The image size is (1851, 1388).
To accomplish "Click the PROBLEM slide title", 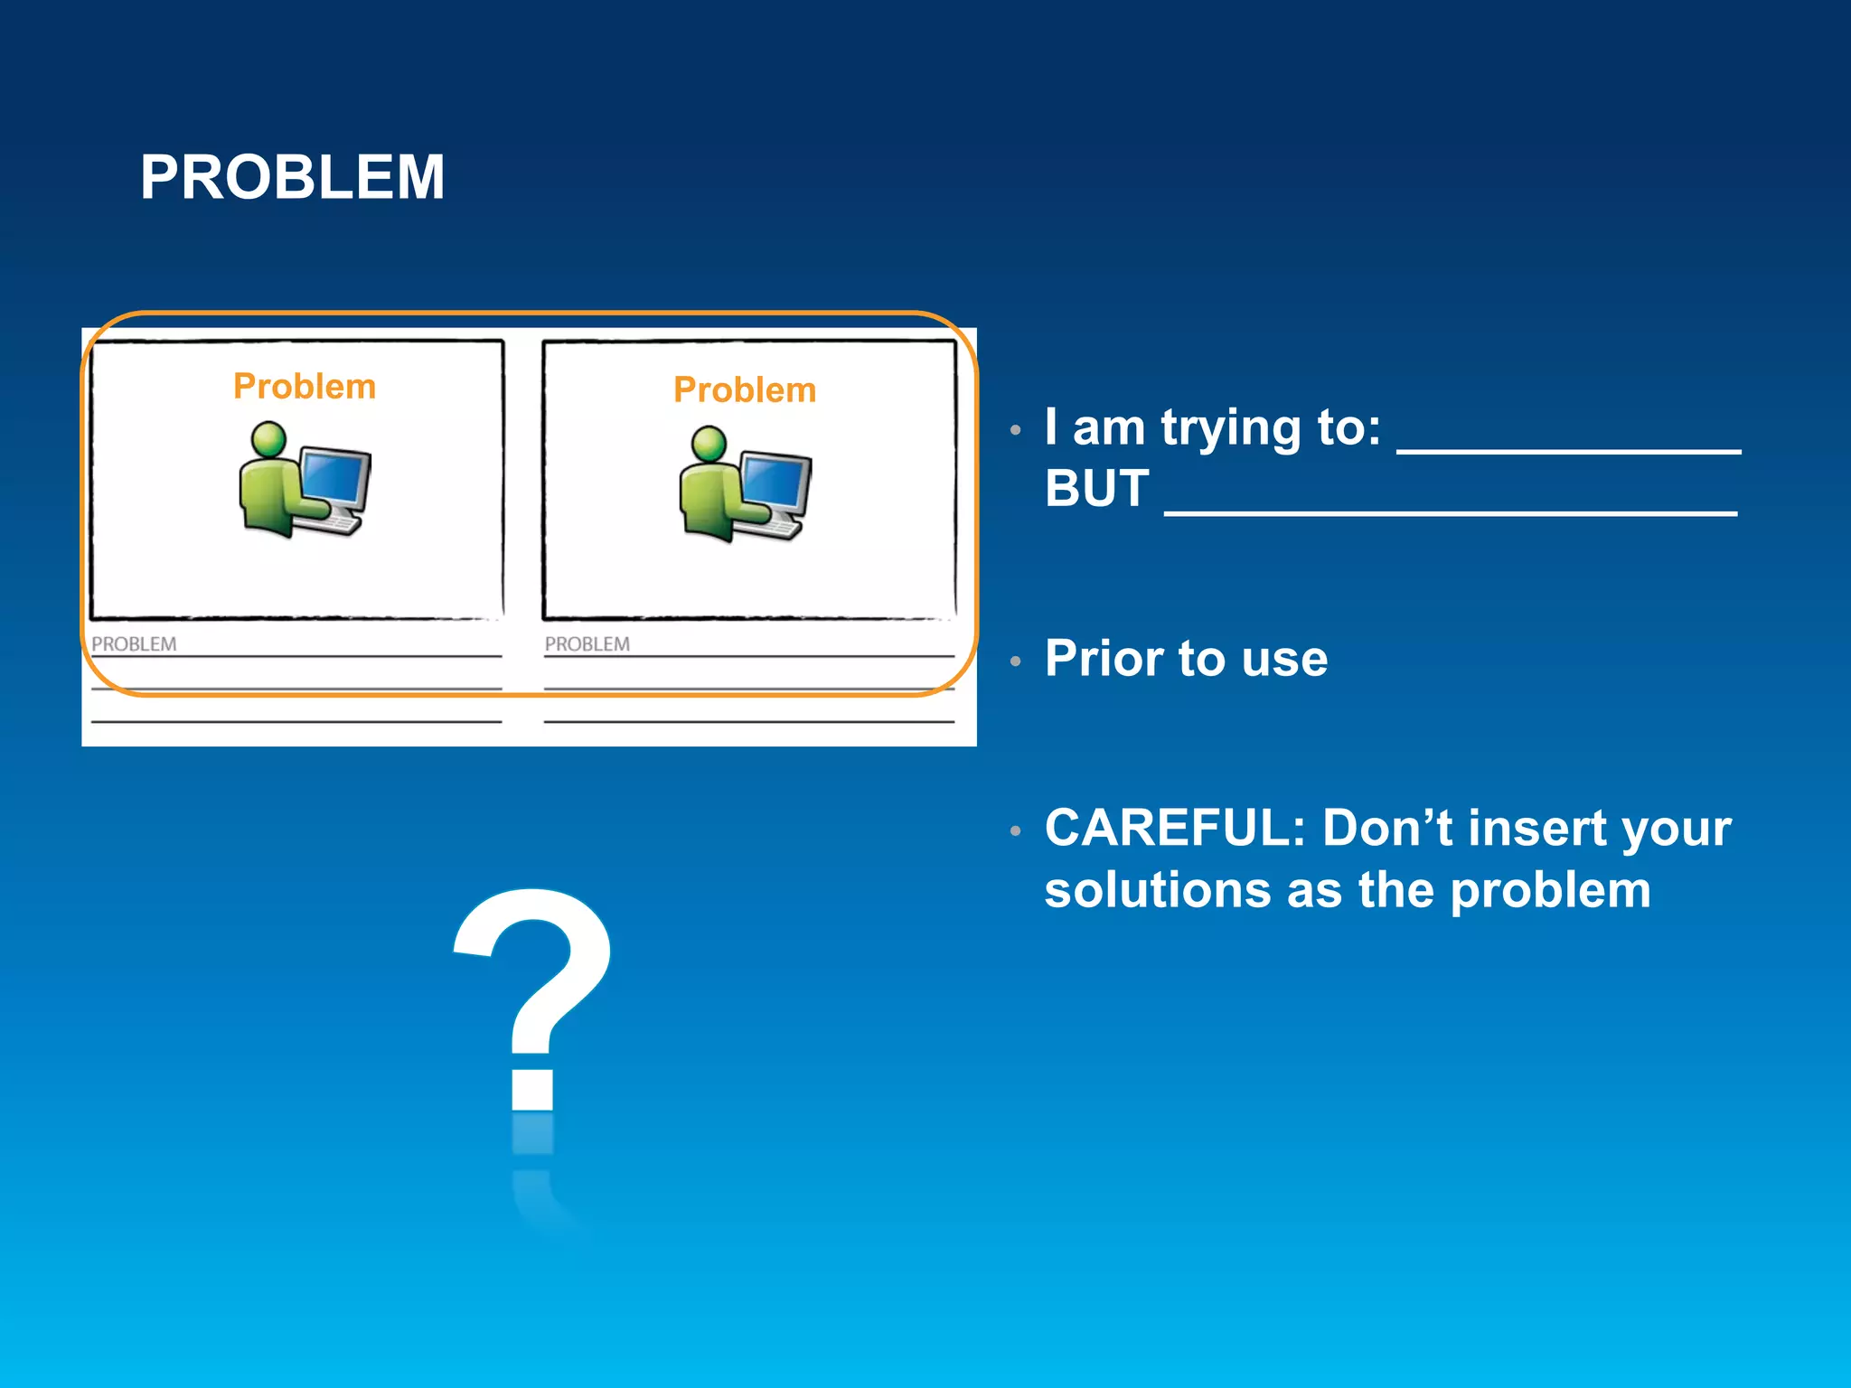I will tap(292, 177).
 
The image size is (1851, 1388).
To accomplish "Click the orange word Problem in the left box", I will tap(305, 387).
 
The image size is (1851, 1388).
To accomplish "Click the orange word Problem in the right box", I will tap(745, 390).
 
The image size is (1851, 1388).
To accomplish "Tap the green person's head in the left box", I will tap(268, 439).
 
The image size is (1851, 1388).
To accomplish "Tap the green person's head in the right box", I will tap(709, 444).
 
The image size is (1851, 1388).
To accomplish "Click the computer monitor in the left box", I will tap(335, 476).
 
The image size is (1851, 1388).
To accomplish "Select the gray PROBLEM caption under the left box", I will tap(134, 644).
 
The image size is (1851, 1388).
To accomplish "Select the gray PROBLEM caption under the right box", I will tap(587, 644).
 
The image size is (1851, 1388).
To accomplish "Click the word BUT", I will tap(1096, 489).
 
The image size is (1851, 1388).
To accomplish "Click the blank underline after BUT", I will tap(1451, 511).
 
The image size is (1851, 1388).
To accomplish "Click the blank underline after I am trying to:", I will tap(1568, 449).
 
